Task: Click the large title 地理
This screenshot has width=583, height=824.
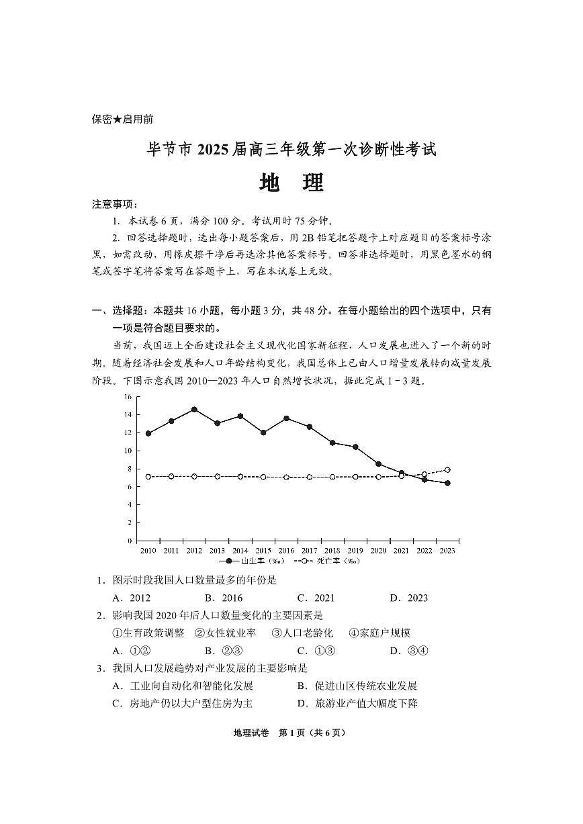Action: [x=291, y=183]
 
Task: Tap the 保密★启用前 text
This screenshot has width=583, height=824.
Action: [x=122, y=120]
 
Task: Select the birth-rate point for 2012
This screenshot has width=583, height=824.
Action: [x=194, y=409]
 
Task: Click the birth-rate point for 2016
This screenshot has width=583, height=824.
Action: [x=287, y=418]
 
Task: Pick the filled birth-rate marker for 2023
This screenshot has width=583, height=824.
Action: [x=447, y=483]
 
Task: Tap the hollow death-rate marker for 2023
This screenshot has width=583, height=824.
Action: [x=447, y=470]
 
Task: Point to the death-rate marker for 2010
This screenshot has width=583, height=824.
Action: [x=148, y=477]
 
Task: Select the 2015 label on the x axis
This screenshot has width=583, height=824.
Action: [x=263, y=551]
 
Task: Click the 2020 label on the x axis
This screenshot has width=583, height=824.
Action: [x=378, y=551]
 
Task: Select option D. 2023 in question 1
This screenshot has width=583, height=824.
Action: [x=408, y=598]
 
